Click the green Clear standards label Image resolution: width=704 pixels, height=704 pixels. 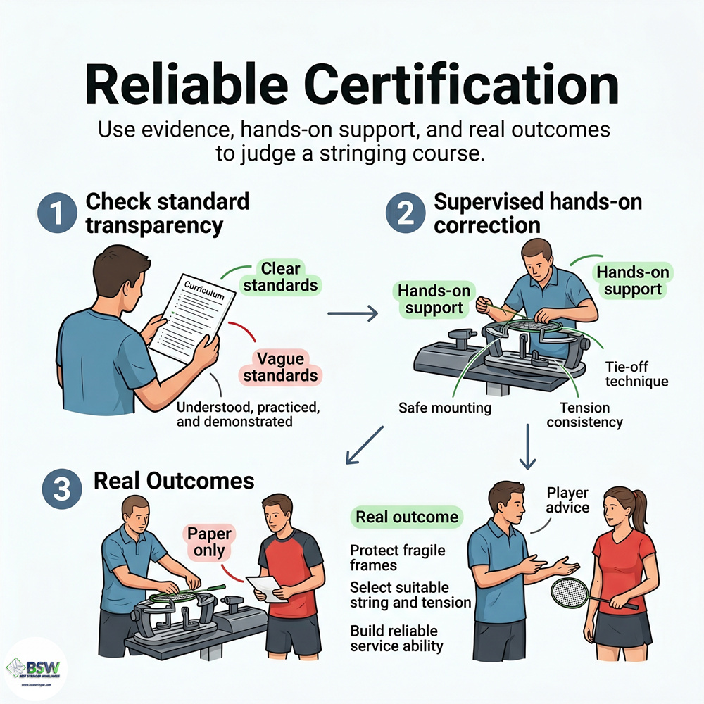(281, 277)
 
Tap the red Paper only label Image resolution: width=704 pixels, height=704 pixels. (209, 542)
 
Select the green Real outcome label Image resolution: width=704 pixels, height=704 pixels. (406, 517)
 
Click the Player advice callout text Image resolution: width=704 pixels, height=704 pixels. (567, 501)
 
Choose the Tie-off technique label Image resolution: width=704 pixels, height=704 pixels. (636, 374)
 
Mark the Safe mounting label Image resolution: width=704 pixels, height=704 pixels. (444, 408)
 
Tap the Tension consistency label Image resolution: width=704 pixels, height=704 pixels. (584, 415)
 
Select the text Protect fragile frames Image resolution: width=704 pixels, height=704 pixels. (397, 558)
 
